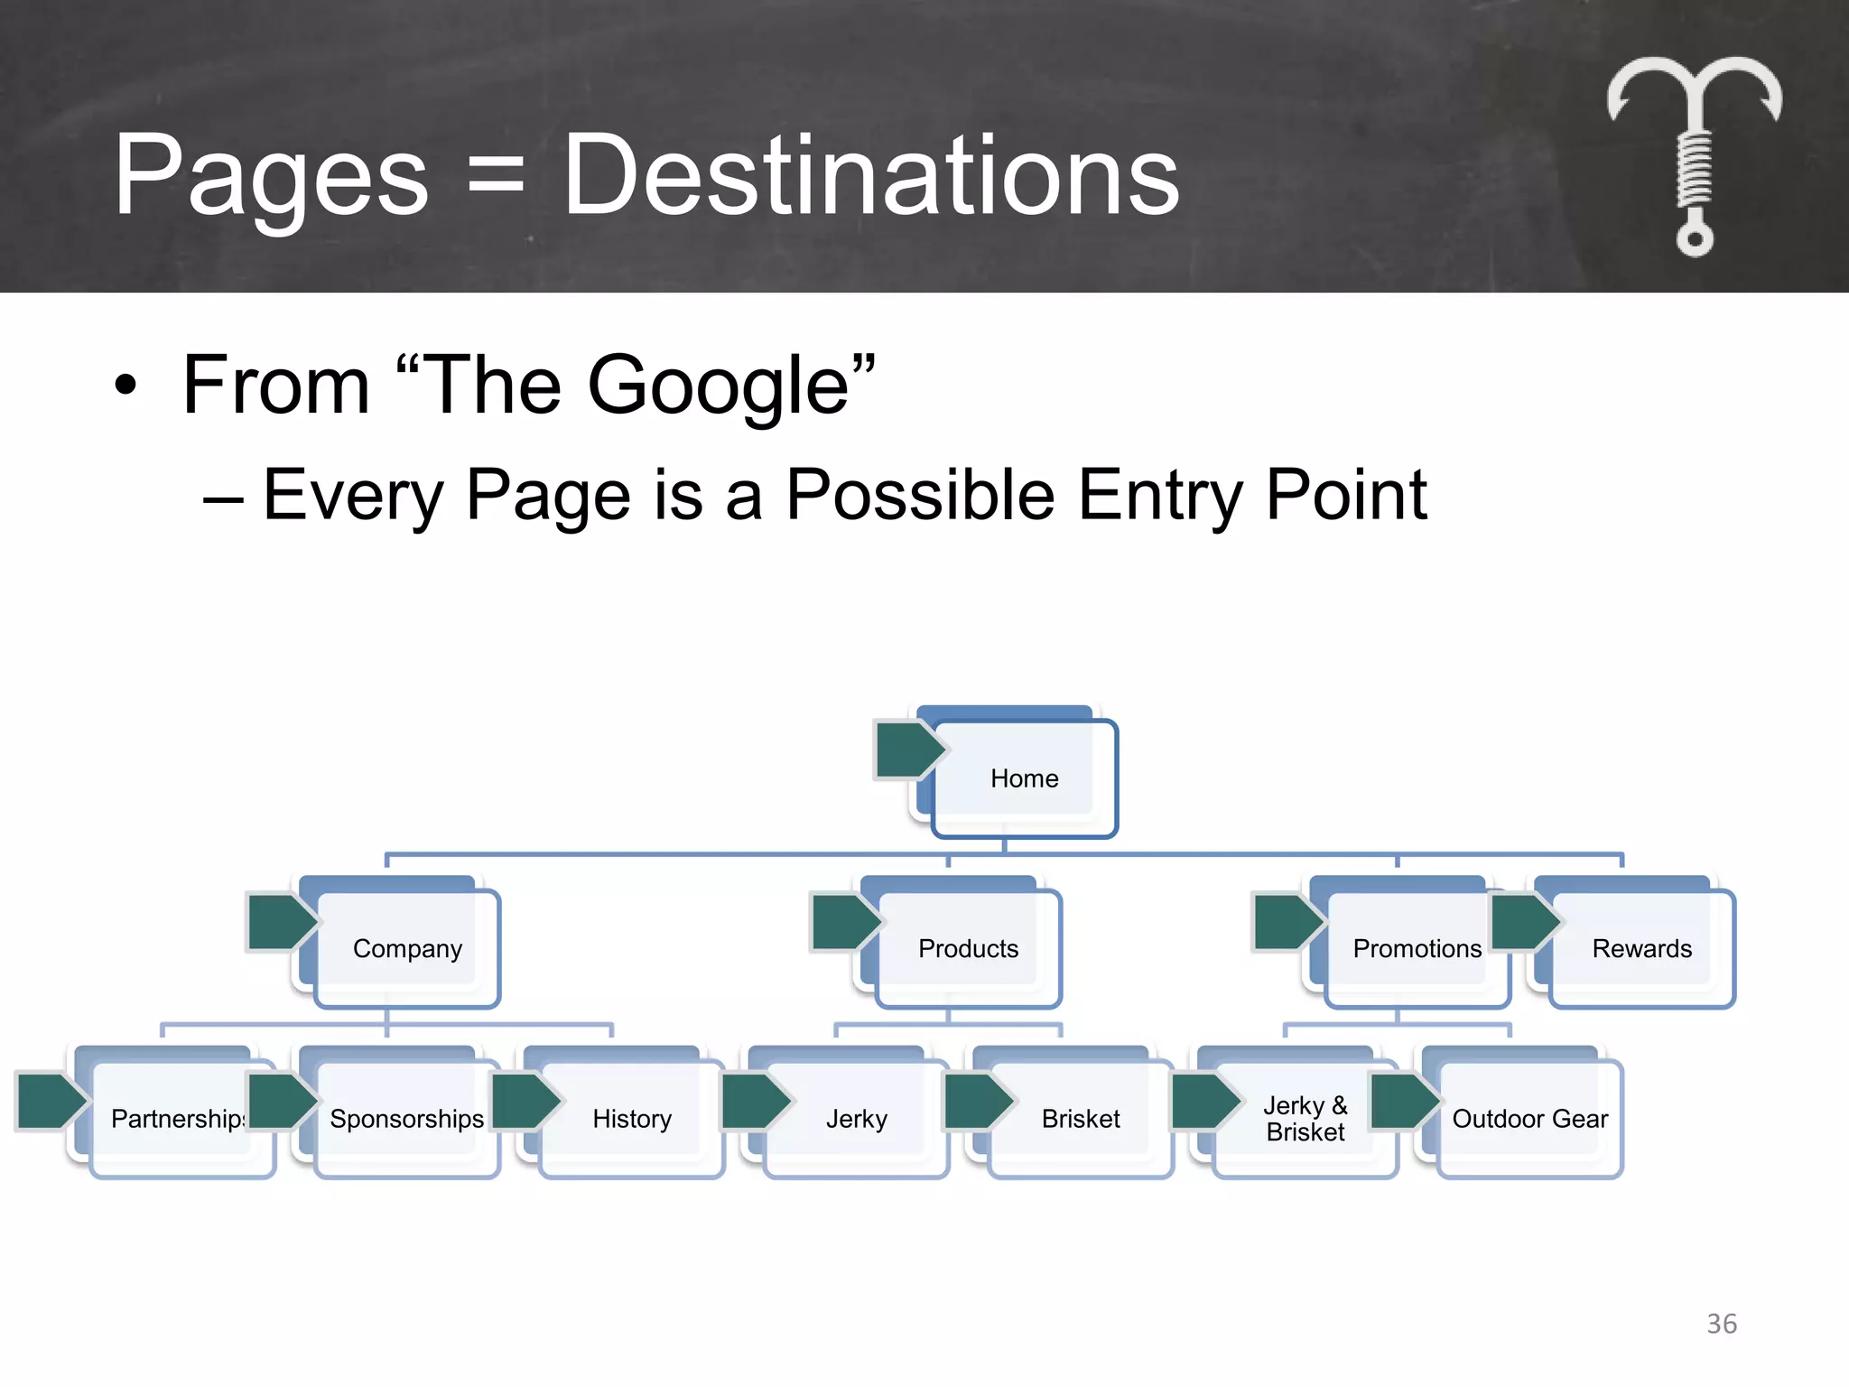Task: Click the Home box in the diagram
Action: [x=1024, y=778]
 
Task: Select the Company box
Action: [x=407, y=948]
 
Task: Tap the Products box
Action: [x=968, y=948]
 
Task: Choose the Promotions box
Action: [x=1416, y=948]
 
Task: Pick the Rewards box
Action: [x=1641, y=948]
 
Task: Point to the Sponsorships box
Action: [x=407, y=1119]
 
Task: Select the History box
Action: [x=632, y=1119]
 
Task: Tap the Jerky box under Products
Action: [x=856, y=1119]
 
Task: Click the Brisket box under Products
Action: [x=1081, y=1119]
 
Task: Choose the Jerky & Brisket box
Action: [x=1305, y=1119]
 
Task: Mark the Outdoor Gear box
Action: [x=1529, y=1119]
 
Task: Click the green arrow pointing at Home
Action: [x=907, y=749]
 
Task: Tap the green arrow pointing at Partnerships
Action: [x=50, y=1101]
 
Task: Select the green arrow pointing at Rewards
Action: [x=1523, y=921]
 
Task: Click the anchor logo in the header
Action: [x=1695, y=154]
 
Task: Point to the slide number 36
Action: [x=1722, y=1324]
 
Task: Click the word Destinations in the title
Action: [x=870, y=176]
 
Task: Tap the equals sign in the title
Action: [x=496, y=176]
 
